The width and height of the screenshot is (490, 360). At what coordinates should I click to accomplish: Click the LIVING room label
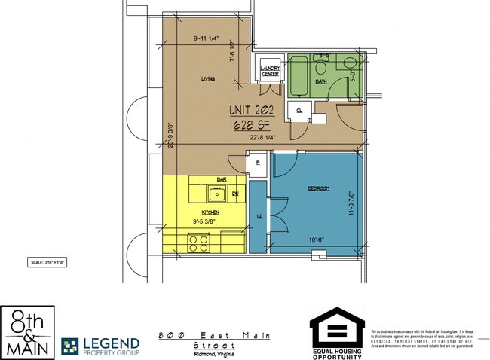208,78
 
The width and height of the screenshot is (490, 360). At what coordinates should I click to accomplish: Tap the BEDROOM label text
317,188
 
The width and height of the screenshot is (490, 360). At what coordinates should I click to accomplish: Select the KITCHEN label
210,213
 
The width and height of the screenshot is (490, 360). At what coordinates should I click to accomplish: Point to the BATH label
320,81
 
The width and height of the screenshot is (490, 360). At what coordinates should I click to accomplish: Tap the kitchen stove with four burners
198,243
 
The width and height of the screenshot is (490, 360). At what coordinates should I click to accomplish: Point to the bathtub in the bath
300,78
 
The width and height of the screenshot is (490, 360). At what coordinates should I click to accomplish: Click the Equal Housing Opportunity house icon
336,326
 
